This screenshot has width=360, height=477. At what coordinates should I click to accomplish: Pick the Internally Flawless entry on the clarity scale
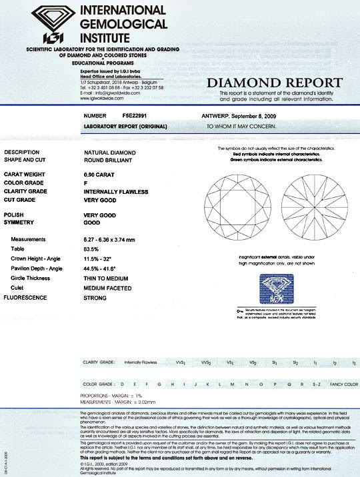pyautogui.click(x=143, y=362)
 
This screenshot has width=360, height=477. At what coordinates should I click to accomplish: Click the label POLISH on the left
pyautogui.click(x=18, y=216)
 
